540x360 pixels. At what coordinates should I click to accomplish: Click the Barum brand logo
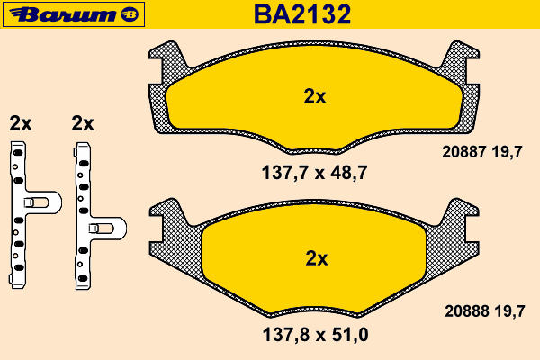74,14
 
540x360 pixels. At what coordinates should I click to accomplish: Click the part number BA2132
302,14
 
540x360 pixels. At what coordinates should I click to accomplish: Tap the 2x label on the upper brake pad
315,97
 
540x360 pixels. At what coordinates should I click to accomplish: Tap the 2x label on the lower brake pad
317,258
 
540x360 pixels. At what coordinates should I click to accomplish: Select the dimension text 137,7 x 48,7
315,173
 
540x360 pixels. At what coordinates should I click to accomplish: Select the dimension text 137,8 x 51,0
316,335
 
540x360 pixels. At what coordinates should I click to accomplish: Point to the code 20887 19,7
482,152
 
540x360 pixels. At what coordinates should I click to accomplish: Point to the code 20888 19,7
485,311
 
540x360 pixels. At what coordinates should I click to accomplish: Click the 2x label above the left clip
21,123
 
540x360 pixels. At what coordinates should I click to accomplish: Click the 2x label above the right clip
83,123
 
